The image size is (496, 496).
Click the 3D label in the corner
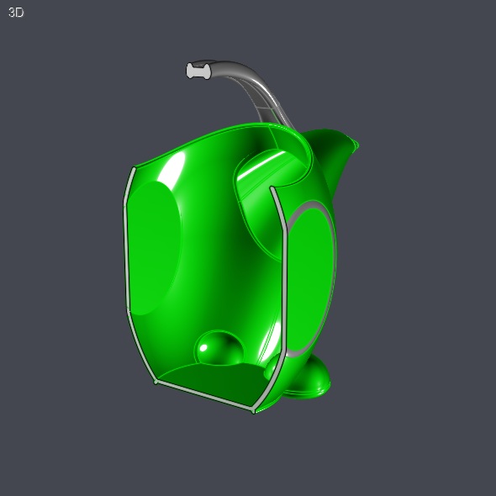16,13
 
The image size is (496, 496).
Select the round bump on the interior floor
219,348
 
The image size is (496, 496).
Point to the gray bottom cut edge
204,396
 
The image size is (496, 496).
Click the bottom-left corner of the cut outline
156,381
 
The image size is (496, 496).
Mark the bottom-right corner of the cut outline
253,410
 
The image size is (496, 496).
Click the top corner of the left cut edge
132,168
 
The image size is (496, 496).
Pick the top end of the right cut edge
272,190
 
